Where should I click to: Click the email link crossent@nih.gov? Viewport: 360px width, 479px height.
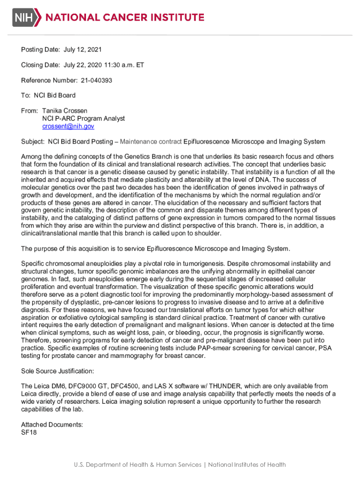(x=68, y=126)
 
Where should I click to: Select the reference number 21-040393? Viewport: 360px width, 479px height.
(x=96, y=80)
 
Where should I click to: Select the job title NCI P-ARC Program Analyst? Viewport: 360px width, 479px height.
(x=83, y=118)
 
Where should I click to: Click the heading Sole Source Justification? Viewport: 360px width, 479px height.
(x=58, y=371)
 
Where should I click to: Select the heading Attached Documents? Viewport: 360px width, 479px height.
(x=52, y=425)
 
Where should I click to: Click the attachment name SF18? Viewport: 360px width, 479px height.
(x=29, y=432)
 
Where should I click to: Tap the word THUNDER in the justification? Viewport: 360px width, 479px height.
(x=224, y=386)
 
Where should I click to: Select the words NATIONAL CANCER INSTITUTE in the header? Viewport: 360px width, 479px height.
(x=124, y=18)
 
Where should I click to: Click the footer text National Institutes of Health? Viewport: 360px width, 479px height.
(x=247, y=464)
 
